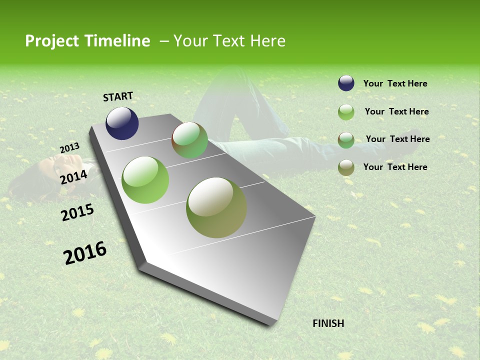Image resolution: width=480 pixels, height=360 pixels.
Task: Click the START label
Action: [x=118, y=96]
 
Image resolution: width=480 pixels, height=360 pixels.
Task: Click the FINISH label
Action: [x=328, y=323]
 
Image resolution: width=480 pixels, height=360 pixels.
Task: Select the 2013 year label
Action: [x=70, y=148]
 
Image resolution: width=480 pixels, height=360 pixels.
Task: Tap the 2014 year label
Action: [x=74, y=177]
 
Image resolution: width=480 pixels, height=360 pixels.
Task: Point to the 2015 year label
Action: [x=77, y=212]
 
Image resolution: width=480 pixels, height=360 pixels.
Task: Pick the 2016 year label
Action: [x=85, y=252]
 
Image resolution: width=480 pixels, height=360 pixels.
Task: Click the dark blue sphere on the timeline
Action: [x=122, y=123]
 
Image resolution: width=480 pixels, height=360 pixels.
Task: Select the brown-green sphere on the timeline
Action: [x=189, y=140]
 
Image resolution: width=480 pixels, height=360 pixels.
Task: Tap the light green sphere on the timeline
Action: [x=145, y=180]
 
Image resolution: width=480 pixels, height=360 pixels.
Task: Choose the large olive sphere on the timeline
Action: [x=216, y=207]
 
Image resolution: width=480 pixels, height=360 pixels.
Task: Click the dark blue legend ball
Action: [x=346, y=83]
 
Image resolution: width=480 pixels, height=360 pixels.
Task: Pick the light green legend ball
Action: [x=346, y=112]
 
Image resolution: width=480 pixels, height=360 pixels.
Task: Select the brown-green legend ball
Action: [x=346, y=140]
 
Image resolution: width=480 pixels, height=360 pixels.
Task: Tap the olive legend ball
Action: [x=346, y=168]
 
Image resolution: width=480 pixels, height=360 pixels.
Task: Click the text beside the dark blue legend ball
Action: [x=395, y=83]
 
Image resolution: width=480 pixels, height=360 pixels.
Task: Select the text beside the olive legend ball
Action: [x=395, y=167]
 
